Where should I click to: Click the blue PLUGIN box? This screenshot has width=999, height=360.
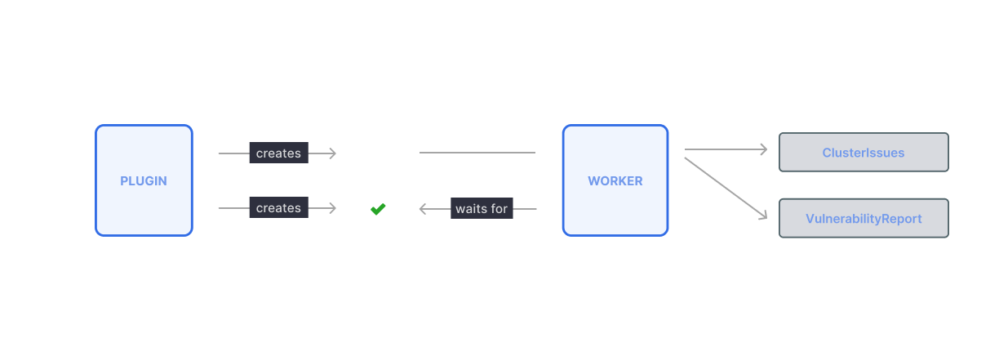[x=144, y=180]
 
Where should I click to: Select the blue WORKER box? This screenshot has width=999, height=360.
[x=615, y=180]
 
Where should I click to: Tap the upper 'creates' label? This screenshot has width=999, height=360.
[x=278, y=153]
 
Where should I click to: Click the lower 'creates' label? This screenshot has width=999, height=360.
[x=278, y=208]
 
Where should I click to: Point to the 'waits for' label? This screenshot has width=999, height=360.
[x=482, y=209]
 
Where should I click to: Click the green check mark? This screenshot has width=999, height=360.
[x=378, y=209]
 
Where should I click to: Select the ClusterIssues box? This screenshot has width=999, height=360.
[x=864, y=153]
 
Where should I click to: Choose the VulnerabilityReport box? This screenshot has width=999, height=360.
[x=864, y=219]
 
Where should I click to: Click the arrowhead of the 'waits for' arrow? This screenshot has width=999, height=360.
[x=423, y=209]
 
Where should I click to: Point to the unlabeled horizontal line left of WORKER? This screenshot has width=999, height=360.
[x=477, y=153]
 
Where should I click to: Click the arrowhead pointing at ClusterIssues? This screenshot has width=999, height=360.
[x=764, y=149]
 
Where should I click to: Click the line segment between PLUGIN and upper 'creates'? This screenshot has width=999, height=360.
[x=233, y=153]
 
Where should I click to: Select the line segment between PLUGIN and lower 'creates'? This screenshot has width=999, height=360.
[x=233, y=208]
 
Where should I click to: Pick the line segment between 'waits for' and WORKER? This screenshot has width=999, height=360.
[x=525, y=209]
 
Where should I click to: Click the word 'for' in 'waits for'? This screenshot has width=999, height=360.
[x=498, y=209]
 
